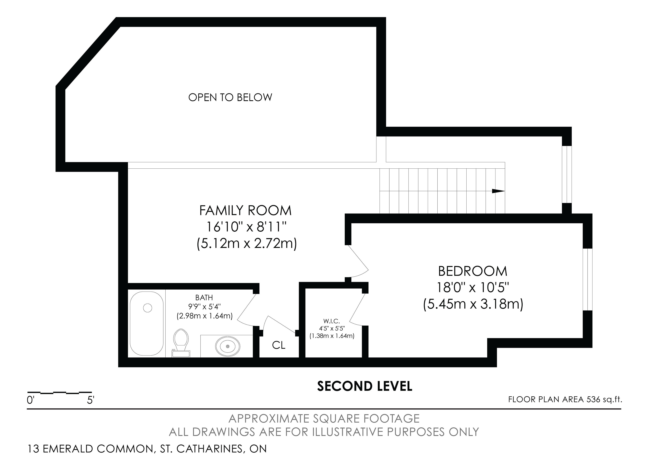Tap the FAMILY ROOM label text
(245, 210)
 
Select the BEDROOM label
(473, 271)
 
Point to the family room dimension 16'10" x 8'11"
(246, 227)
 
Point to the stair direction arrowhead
(498, 191)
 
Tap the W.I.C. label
(332, 321)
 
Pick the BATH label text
(204, 298)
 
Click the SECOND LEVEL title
(365, 386)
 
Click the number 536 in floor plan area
(593, 400)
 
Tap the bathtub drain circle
(148, 308)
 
